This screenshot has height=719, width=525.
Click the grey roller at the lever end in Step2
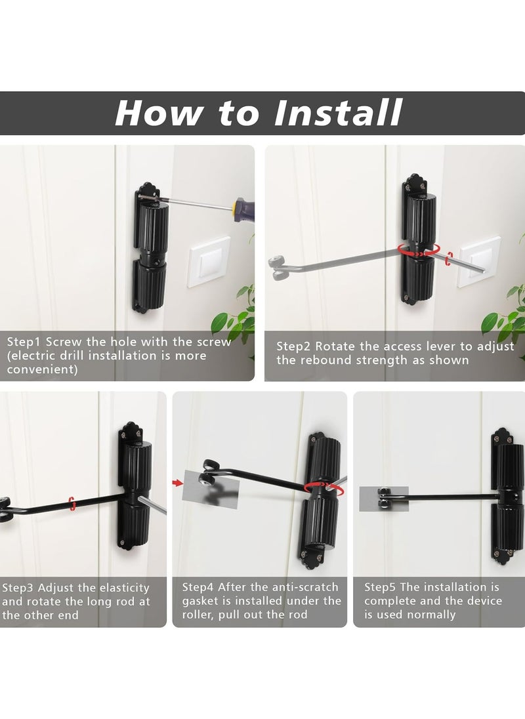tap(276, 265)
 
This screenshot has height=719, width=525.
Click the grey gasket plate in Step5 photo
tap(383, 499)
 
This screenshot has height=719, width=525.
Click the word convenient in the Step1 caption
tap(43, 369)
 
